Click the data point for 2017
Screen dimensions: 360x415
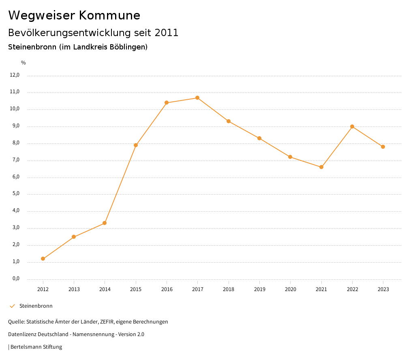coord(197,98)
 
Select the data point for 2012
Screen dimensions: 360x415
coord(43,259)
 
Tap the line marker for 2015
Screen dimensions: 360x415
coord(136,145)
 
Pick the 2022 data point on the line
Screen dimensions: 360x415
coord(352,126)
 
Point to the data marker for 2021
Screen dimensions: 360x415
coord(321,167)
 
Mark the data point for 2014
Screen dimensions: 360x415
coord(105,223)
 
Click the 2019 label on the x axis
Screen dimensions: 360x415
coord(259,289)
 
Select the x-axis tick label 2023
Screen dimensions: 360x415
coord(383,289)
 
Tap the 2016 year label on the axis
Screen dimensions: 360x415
coord(167,289)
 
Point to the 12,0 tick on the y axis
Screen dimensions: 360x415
coord(15,75)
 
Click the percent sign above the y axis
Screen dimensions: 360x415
coord(24,63)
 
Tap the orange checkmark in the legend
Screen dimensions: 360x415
coord(12,306)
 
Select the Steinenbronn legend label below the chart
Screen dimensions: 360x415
coord(36,306)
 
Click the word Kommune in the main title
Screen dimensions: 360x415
coord(109,15)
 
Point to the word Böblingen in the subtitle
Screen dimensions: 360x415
coord(128,47)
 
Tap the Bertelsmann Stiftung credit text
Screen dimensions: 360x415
coord(36,347)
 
